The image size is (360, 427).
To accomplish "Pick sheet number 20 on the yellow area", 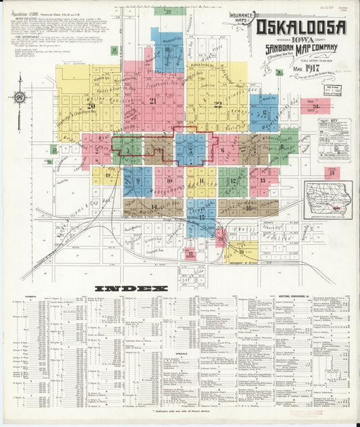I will click(x=91, y=105).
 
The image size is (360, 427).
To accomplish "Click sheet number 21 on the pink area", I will click(x=153, y=101).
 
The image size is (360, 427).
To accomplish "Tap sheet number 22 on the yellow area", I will click(x=217, y=104).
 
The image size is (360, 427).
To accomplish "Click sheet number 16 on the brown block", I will click(x=249, y=208).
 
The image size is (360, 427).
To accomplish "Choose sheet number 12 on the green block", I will click(x=233, y=181).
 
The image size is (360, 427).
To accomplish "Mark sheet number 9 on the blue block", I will click(x=138, y=181).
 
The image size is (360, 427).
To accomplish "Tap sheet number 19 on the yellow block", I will click(x=241, y=251).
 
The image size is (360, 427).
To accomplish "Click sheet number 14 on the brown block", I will click(x=155, y=207).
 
